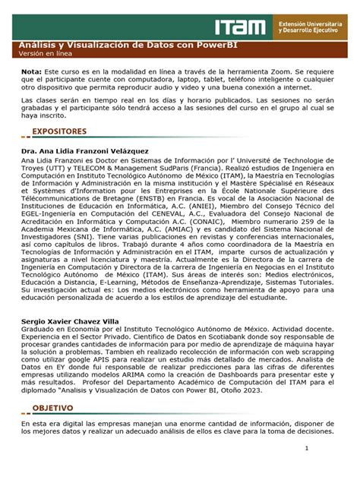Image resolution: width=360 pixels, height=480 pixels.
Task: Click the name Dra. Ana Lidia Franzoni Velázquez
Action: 85,151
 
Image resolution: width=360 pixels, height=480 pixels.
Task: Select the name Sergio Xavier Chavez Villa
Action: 71,321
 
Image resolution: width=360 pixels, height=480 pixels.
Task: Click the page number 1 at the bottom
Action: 307,448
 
